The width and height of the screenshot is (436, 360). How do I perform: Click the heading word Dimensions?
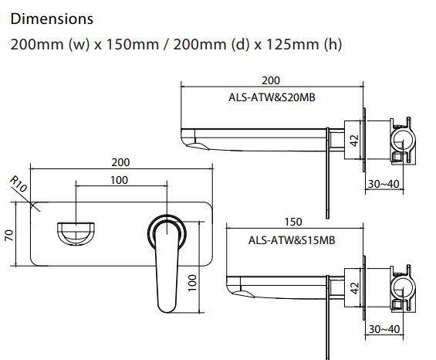[x=52, y=19]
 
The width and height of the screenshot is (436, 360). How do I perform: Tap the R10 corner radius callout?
[x=19, y=185]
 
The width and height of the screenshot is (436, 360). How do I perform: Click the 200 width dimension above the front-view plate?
[x=120, y=162]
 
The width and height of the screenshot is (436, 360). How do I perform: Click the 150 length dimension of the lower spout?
[x=293, y=222]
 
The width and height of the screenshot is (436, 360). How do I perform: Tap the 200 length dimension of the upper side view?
[x=271, y=80]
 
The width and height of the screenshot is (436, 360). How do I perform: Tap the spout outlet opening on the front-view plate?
[x=76, y=232]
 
